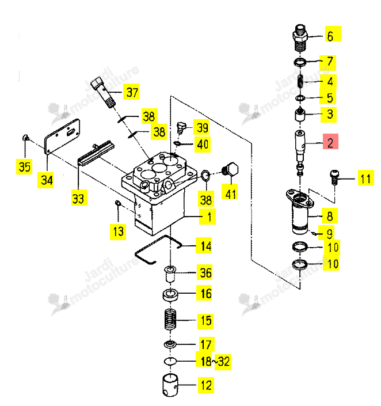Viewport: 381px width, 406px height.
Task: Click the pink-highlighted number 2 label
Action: coord(330,142)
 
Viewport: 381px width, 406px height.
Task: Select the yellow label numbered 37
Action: coord(131,92)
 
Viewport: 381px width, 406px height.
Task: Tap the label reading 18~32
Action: coord(215,361)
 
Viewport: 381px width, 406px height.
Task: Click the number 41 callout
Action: coord(230,192)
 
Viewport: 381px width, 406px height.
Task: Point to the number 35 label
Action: coord(24,167)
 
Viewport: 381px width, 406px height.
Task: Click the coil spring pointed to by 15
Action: coord(170,320)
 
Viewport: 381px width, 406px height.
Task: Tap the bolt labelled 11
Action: coord(334,177)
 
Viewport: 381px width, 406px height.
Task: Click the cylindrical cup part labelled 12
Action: coord(170,385)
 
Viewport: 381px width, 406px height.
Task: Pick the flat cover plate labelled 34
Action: coord(62,136)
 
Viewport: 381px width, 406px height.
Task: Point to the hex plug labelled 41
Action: coord(231,169)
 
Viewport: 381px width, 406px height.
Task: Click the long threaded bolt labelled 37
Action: coord(103,93)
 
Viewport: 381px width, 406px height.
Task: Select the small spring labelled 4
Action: coord(300,81)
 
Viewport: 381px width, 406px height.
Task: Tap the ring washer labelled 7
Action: coord(300,62)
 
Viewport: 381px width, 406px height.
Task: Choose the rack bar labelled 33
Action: coord(96,153)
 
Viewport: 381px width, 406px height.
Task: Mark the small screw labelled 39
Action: coord(181,128)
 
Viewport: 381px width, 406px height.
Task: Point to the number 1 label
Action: coord(207,217)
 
